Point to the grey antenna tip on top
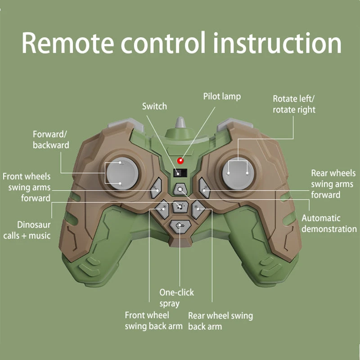180,121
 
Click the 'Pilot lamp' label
222,96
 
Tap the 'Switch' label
154,107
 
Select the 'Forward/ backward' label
51,139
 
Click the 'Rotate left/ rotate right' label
294,104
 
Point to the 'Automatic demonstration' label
328,224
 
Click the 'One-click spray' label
176,298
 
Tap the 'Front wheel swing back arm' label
153,321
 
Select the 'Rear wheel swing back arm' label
220,321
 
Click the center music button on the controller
180,207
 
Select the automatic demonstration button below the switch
180,189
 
